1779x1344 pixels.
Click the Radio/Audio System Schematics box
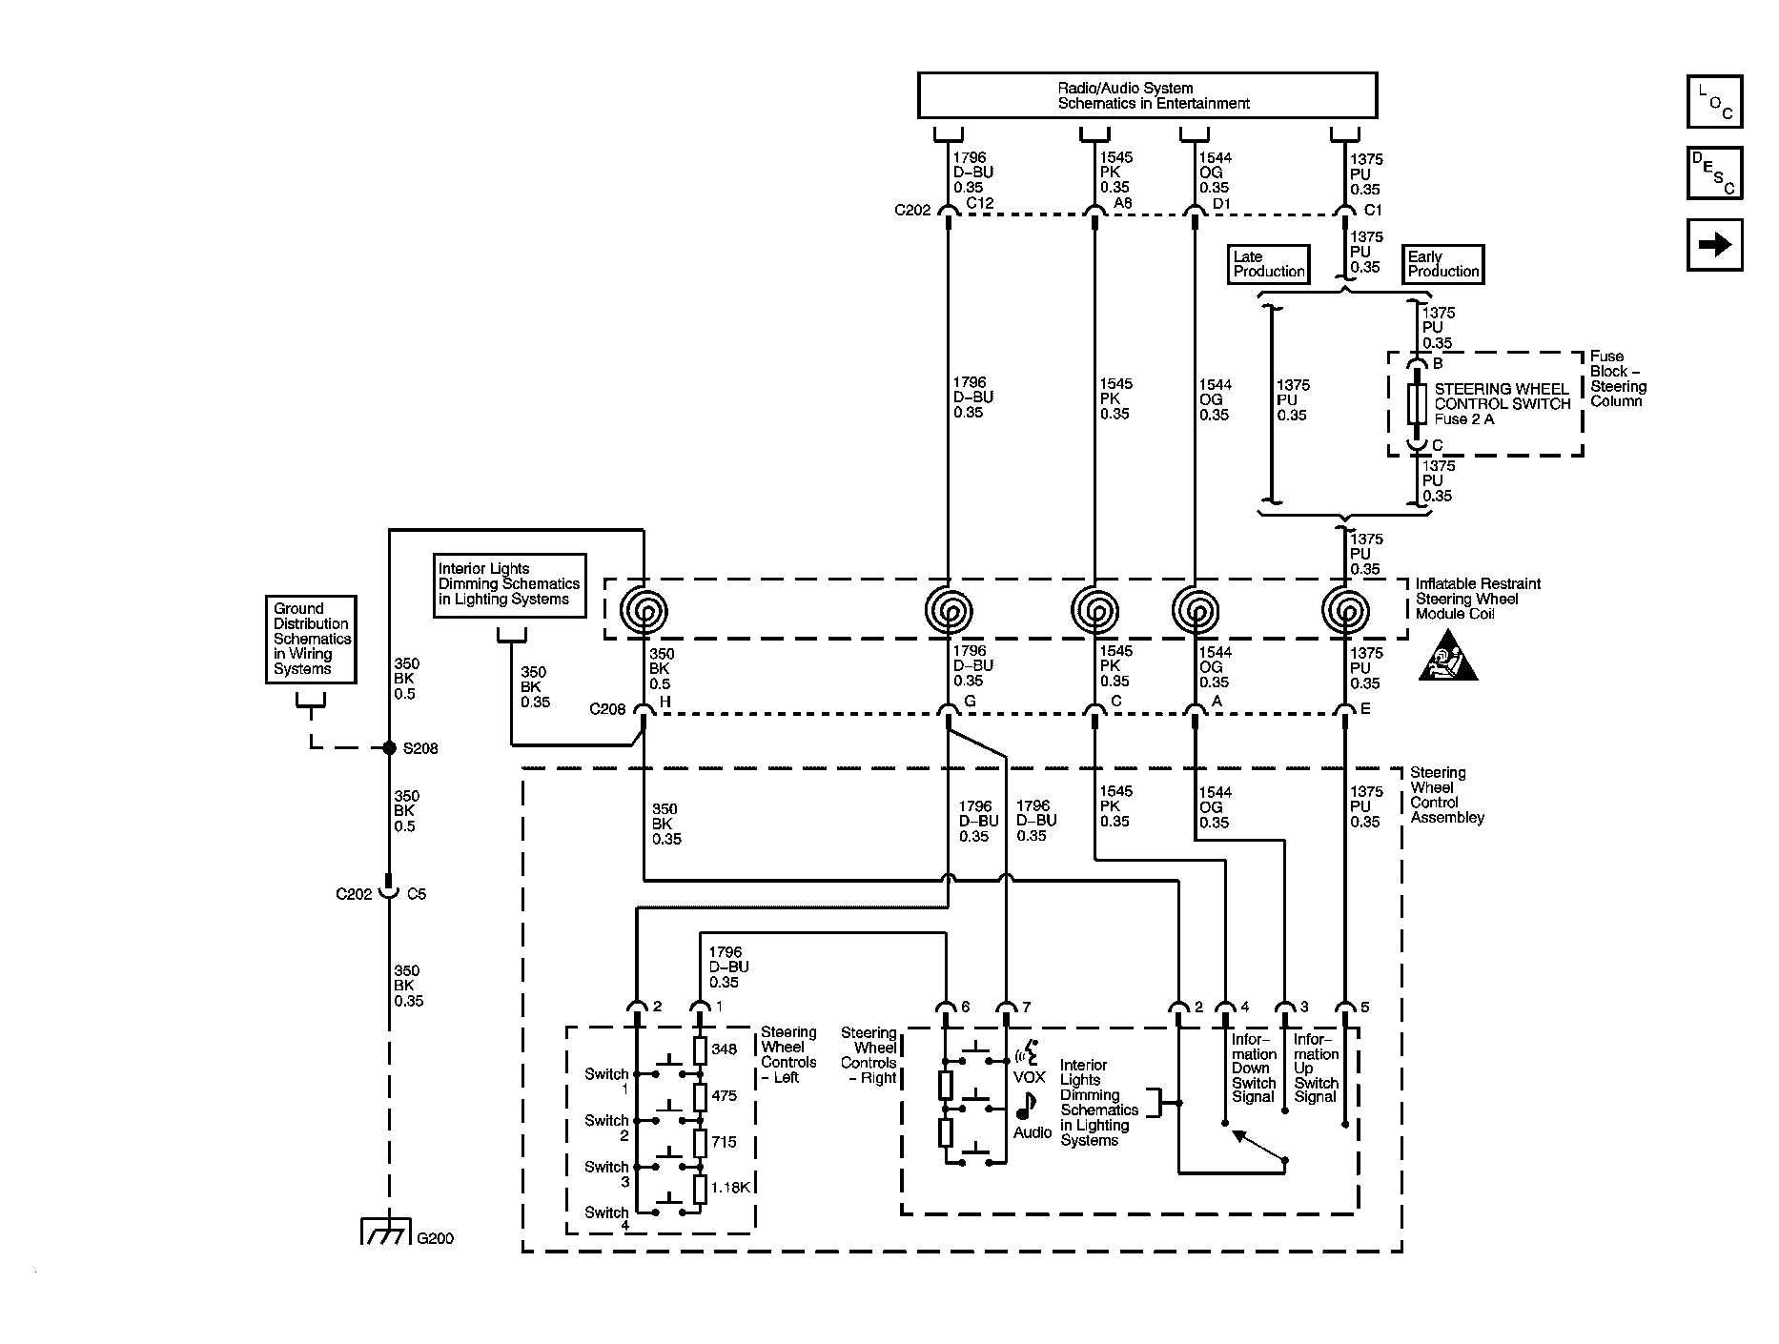(x=1147, y=95)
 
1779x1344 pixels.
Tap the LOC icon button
(x=1714, y=102)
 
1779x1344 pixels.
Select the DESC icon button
(x=1714, y=173)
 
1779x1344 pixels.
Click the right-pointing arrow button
(x=1714, y=245)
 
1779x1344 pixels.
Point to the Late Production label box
(x=1269, y=264)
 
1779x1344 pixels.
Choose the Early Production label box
(x=1443, y=264)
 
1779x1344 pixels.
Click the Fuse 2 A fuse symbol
(x=1417, y=404)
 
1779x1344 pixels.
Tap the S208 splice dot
(x=389, y=748)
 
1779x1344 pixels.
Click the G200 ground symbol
(x=387, y=1232)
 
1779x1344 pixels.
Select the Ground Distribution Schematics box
(x=311, y=639)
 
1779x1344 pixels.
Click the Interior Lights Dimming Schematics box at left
(x=509, y=585)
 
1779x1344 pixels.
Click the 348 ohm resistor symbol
(x=700, y=1050)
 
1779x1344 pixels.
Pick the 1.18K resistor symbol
(x=700, y=1189)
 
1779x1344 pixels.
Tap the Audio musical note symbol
(x=1026, y=1106)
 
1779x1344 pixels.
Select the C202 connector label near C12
(x=912, y=210)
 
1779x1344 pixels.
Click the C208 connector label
(x=607, y=708)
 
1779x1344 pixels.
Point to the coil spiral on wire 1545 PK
(x=1094, y=608)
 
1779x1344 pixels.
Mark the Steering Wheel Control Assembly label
(x=1447, y=795)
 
